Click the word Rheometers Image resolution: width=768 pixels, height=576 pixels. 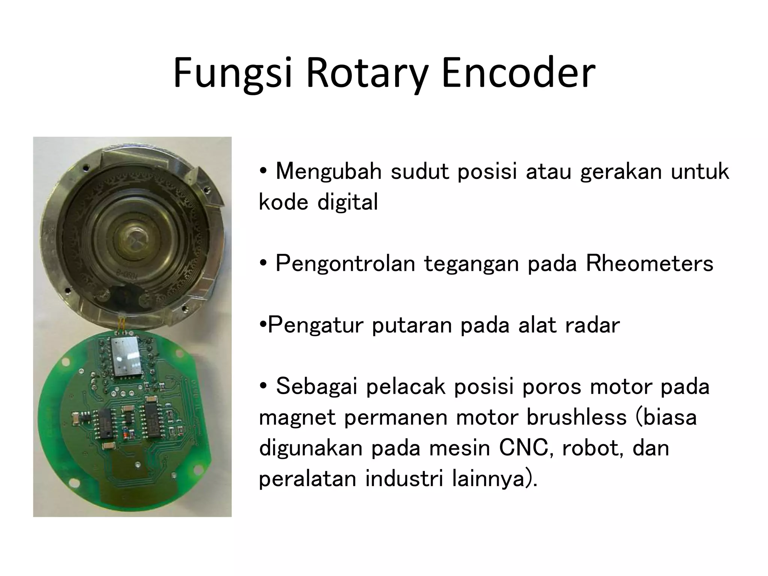click(649, 263)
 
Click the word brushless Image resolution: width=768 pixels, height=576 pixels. click(576, 417)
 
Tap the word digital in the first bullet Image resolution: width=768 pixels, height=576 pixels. click(348, 202)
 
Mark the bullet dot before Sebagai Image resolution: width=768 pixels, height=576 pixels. click(263, 386)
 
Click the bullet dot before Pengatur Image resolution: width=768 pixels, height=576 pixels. click(262, 325)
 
